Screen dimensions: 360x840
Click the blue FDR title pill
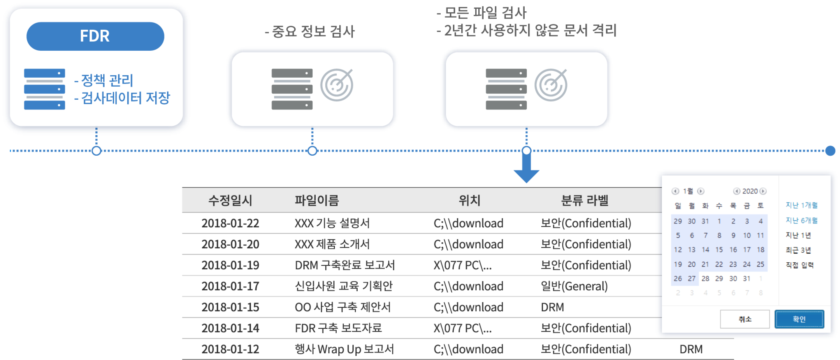(x=95, y=36)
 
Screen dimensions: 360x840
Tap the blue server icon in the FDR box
(x=44, y=89)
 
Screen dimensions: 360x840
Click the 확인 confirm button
(x=799, y=319)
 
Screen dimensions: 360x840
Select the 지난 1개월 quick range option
(x=802, y=205)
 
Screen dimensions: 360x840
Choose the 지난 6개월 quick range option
(x=802, y=220)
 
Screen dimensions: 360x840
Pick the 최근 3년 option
(x=798, y=250)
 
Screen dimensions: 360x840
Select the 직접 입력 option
(x=799, y=265)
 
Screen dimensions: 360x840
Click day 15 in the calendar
(x=719, y=250)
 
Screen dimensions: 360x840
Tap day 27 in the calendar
(x=692, y=278)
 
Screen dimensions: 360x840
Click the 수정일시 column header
(x=230, y=200)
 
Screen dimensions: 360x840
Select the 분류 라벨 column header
(x=584, y=200)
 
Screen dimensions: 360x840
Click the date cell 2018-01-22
(x=230, y=223)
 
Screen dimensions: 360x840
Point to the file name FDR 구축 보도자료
(x=338, y=328)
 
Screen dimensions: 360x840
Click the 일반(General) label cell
(x=574, y=286)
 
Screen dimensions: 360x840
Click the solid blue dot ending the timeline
(x=830, y=151)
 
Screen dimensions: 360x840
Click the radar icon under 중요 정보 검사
(x=337, y=85)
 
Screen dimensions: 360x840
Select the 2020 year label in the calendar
(x=750, y=191)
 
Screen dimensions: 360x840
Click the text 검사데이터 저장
(x=125, y=98)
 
